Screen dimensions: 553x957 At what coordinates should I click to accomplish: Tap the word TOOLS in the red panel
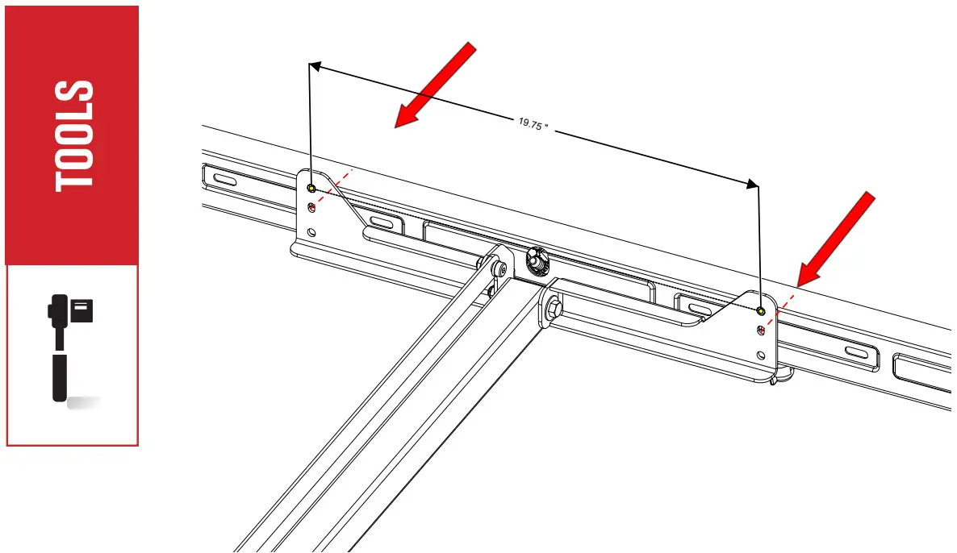point(73,135)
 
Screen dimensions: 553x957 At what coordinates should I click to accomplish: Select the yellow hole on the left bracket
point(311,189)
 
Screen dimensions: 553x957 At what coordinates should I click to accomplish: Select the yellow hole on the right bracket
point(760,310)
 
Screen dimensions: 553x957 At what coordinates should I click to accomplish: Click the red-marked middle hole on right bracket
point(760,330)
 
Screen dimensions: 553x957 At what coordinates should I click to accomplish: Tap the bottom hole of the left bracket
point(312,232)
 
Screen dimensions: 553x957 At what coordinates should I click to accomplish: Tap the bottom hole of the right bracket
point(760,355)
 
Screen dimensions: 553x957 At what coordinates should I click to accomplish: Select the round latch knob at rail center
point(536,260)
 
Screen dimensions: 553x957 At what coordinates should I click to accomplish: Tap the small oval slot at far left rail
point(226,179)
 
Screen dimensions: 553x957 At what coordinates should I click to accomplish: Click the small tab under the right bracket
point(777,380)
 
